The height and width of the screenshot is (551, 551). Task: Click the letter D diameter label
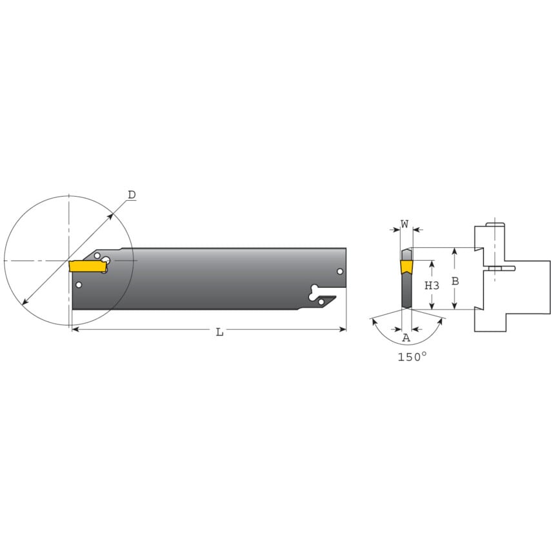(x=132, y=195)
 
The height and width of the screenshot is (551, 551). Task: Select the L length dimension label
(x=219, y=332)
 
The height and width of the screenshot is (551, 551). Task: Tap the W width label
(x=405, y=224)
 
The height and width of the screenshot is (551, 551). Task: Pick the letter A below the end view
(x=406, y=337)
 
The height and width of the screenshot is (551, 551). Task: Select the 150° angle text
(x=412, y=356)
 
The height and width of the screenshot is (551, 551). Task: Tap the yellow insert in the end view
(x=406, y=266)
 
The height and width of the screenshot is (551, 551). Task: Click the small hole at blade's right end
(x=340, y=272)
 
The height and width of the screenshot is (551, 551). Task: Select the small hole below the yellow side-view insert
(x=79, y=285)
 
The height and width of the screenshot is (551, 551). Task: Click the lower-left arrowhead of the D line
(x=25, y=301)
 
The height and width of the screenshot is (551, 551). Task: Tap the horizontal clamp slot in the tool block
(x=500, y=268)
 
